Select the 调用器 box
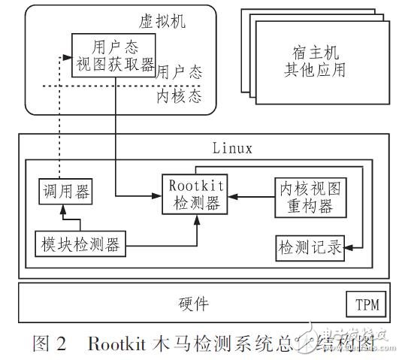pyautogui.click(x=65, y=192)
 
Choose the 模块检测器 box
pyautogui.click(x=80, y=243)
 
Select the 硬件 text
pyautogui.click(x=195, y=304)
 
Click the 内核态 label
pyautogui.click(x=174, y=98)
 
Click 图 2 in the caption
pyautogui.click(x=50, y=343)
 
